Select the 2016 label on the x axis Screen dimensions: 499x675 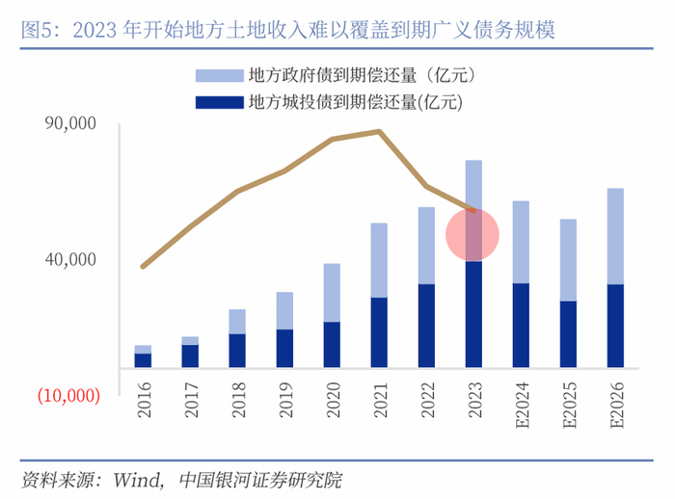tap(144, 399)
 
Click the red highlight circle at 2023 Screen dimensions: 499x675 tap(472, 235)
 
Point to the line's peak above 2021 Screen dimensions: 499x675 tap(379, 131)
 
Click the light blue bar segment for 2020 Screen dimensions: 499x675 tap(332, 292)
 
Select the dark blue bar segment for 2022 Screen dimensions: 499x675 tap(426, 325)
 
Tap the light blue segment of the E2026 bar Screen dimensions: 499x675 tap(615, 236)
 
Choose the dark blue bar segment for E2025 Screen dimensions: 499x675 tap(568, 333)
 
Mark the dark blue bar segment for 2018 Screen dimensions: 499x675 tap(237, 350)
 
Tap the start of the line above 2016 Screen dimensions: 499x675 tap(143, 266)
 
